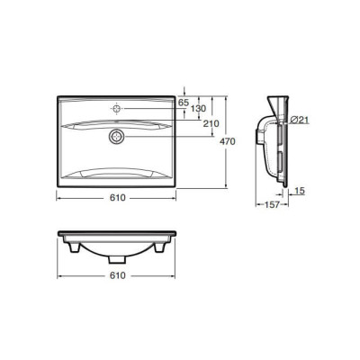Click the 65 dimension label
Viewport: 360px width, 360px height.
coord(184,103)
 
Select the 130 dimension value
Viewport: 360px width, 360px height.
coord(199,109)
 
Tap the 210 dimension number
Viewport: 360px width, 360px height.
coord(211,123)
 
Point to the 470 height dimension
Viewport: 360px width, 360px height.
coord(228,141)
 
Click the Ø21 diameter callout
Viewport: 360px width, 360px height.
coord(300,120)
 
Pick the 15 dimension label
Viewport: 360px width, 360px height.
coord(300,191)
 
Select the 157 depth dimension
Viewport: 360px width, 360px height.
coord(272,204)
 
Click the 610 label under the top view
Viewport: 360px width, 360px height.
coord(117,198)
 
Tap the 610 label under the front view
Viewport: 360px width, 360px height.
coord(117,275)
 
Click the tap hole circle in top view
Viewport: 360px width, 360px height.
coord(116,108)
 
